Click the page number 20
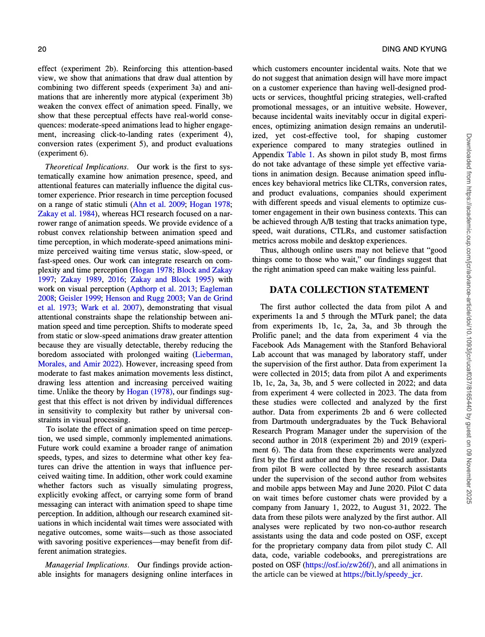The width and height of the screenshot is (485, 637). tap(42, 49)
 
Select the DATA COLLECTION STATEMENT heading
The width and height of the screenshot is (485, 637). tap(349, 290)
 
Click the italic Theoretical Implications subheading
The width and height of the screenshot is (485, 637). tap(86, 167)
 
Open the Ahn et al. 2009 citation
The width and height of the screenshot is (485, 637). tap(159, 205)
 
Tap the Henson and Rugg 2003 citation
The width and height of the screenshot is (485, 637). tap(144, 298)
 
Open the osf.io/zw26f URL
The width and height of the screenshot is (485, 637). tap(339, 565)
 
